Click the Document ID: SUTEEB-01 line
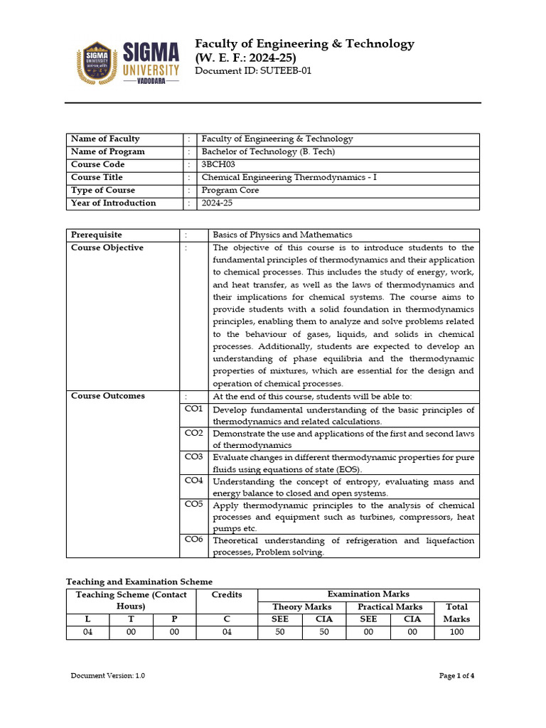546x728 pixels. (253, 71)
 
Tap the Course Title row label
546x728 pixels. (97, 177)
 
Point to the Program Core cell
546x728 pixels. (230, 190)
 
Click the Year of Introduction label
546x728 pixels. (113, 203)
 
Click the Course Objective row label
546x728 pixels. (107, 247)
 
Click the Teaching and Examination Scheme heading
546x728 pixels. (139, 582)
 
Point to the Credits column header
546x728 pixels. (227, 594)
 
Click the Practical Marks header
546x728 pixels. (390, 606)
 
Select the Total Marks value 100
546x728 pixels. (456, 632)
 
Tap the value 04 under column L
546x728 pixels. (87, 632)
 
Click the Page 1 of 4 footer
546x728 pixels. (456, 676)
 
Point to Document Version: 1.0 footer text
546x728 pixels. (107, 676)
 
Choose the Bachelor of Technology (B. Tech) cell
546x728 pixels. (268, 151)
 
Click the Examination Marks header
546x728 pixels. (368, 594)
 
